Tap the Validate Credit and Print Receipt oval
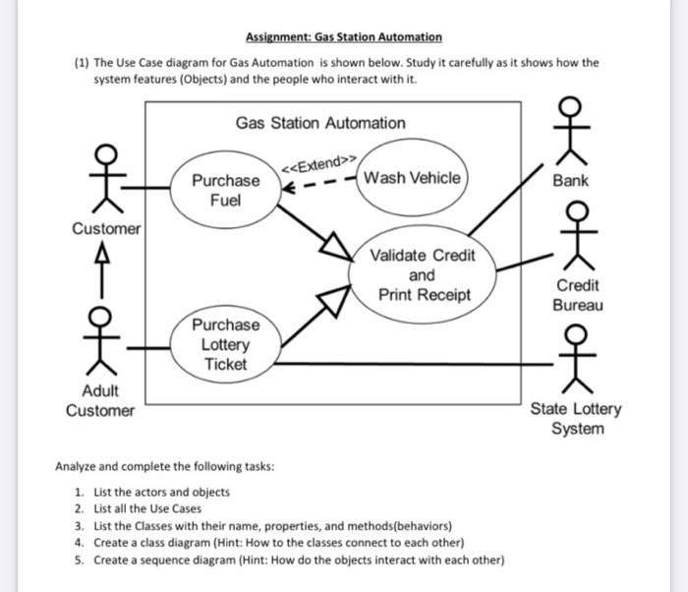click(422, 274)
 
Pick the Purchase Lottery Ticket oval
click(225, 344)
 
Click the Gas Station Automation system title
click(319, 123)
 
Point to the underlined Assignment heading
click(343, 37)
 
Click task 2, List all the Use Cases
click(147, 508)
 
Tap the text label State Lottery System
click(575, 419)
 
